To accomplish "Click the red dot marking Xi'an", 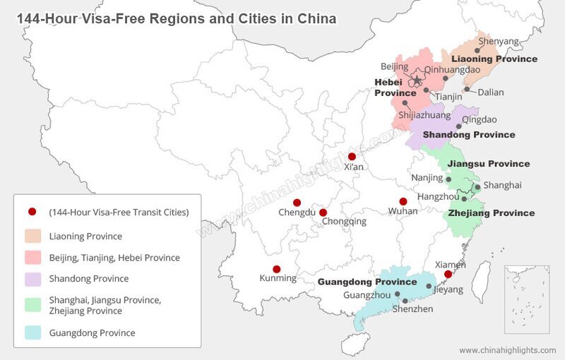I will [x=352, y=156].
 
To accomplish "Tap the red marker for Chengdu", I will [x=297, y=202].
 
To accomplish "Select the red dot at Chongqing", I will [x=323, y=212].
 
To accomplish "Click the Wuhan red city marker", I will [x=403, y=201].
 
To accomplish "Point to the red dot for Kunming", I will [x=276, y=269].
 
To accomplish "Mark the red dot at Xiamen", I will [x=447, y=274].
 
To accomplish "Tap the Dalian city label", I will [x=490, y=92].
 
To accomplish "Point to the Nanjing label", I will [x=427, y=178].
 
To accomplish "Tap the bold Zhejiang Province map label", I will [x=492, y=212].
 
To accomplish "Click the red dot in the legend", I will [x=32, y=212].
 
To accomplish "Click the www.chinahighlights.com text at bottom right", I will [x=508, y=350].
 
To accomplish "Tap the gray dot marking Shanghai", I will [x=477, y=188].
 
